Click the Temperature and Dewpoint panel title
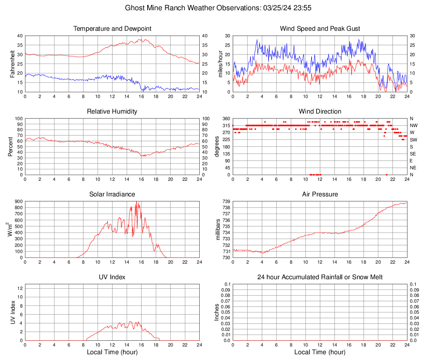[112, 29]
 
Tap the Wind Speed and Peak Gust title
[320, 29]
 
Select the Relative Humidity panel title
[112, 112]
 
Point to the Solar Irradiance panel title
[112, 194]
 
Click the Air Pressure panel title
[320, 194]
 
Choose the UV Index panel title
[112, 277]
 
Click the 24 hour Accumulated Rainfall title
[320, 277]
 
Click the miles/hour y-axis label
[220, 64]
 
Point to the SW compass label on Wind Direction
[414, 139]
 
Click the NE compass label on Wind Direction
[414, 168]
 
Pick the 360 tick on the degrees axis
[225, 118]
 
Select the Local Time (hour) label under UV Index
[112, 352]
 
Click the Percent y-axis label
[11, 146]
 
